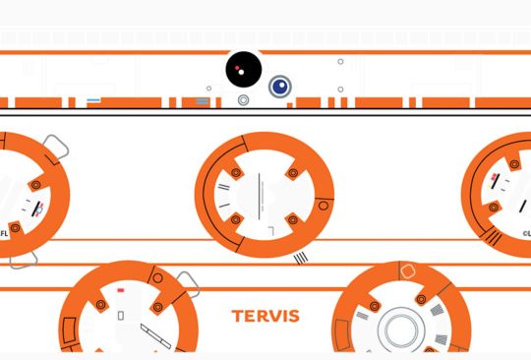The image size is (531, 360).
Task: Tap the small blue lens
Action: point(280,87)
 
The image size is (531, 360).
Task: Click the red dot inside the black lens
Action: point(237,69)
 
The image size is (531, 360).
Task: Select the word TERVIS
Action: point(265,317)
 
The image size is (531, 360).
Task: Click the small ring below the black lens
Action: point(243,99)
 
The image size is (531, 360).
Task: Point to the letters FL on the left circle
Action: point(4,234)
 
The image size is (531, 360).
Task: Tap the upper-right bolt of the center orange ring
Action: point(292,174)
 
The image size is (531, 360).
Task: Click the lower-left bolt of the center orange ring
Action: point(236,220)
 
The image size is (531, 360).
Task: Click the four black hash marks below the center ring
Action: point(301,258)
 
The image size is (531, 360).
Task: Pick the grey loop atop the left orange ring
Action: point(55,148)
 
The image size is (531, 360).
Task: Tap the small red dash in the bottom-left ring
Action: point(120,290)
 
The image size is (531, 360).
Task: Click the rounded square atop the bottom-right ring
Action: point(409,270)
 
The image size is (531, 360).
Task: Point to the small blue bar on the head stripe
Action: point(94,100)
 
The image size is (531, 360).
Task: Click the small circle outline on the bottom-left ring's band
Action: point(157,278)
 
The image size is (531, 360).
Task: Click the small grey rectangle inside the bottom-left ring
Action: point(120,315)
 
